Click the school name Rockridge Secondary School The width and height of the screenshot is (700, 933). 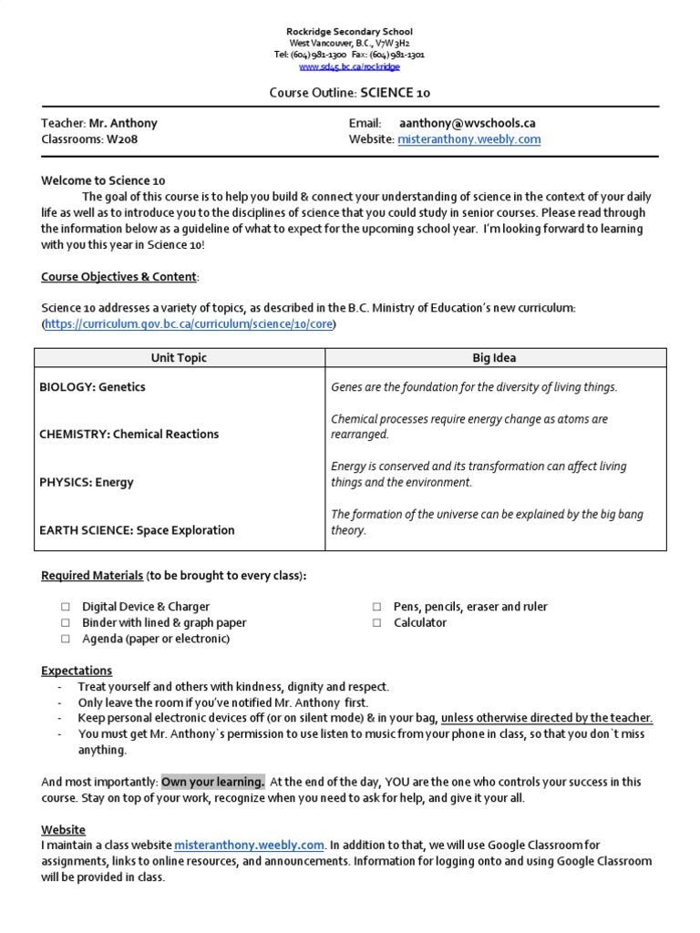(x=349, y=32)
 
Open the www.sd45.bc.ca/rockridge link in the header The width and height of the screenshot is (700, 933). (x=349, y=67)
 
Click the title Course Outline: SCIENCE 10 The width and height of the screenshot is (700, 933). (x=349, y=92)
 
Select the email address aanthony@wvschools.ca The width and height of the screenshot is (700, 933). (x=467, y=123)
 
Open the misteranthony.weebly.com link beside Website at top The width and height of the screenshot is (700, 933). (x=468, y=139)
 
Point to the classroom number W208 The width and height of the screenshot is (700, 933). (x=123, y=139)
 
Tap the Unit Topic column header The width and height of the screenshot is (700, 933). (x=179, y=358)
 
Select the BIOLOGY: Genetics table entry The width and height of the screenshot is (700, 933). (x=92, y=387)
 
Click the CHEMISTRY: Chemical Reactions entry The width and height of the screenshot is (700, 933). (x=129, y=435)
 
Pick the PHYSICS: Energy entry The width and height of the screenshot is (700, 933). (x=87, y=483)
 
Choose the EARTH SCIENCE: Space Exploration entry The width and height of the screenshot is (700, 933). (x=137, y=530)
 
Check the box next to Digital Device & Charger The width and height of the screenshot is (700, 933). (x=66, y=607)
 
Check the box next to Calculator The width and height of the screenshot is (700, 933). (x=376, y=623)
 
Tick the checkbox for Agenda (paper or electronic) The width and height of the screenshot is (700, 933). (x=66, y=640)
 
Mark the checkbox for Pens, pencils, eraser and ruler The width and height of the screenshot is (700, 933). (x=376, y=607)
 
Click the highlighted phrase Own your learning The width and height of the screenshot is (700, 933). (x=213, y=782)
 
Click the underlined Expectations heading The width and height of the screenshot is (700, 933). (x=77, y=671)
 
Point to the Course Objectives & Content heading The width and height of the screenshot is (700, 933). (x=118, y=277)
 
